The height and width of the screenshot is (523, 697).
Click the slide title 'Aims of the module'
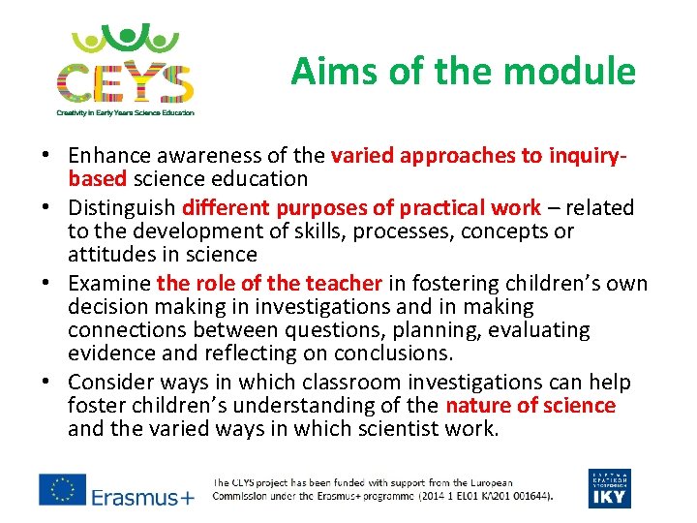coord(463,72)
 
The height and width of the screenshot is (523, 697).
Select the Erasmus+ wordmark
coord(142,497)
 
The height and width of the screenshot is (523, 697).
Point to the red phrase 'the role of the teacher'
coord(269,283)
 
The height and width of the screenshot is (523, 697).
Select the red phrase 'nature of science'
coord(530,405)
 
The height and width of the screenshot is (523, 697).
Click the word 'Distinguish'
coord(121,207)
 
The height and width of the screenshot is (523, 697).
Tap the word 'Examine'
coord(109,283)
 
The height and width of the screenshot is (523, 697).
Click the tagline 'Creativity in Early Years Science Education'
coord(125,112)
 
